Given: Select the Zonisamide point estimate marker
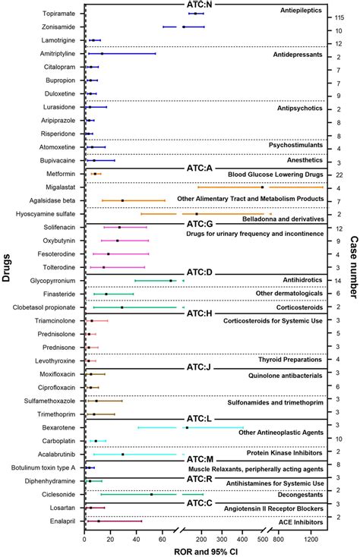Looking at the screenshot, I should coord(184,27).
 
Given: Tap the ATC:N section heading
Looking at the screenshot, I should coord(199,4).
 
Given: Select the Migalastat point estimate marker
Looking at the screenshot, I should coord(262,187).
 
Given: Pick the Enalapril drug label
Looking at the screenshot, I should coord(61,521).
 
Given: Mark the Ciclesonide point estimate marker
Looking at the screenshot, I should coord(152,494).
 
